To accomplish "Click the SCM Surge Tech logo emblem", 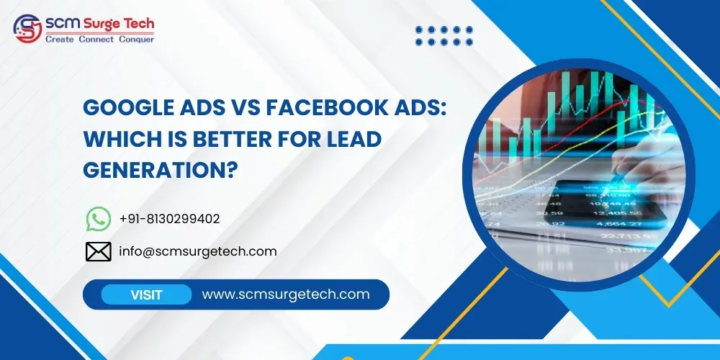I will click(x=27, y=30).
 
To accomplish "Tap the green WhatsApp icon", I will click(x=98, y=219).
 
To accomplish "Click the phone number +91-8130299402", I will click(x=169, y=219).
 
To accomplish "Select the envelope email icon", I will click(x=98, y=251).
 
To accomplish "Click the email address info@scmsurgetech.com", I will click(x=198, y=251).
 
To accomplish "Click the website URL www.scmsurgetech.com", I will click(x=286, y=294).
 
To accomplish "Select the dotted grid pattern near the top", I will click(x=445, y=35).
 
